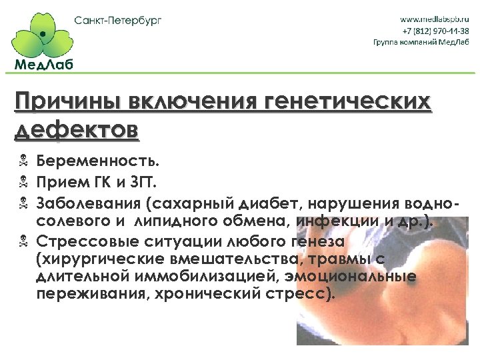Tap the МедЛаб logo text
tap(43, 64)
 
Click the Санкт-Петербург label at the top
tap(118, 19)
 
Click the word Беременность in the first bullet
tap(97, 162)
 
